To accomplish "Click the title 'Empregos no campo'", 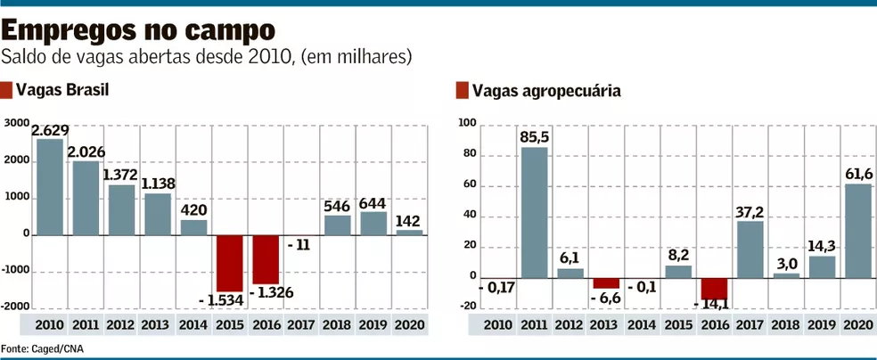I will (x=138, y=29).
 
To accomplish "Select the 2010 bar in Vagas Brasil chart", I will (x=49, y=187).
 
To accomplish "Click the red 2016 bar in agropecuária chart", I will (x=713, y=288).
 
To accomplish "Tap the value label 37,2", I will (x=750, y=210).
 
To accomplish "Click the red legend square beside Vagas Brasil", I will (x=8, y=90).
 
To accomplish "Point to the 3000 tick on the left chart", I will (x=16, y=124).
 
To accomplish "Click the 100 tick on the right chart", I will (x=466, y=124).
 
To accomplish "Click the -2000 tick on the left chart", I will (x=16, y=305).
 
